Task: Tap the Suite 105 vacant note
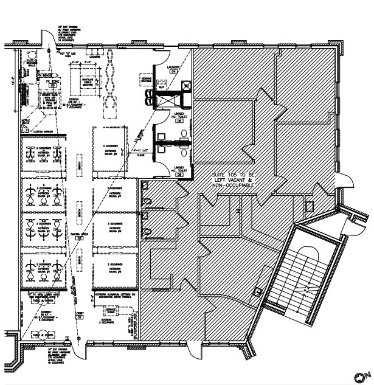click(x=231, y=181)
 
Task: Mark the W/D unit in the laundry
click(x=162, y=87)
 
